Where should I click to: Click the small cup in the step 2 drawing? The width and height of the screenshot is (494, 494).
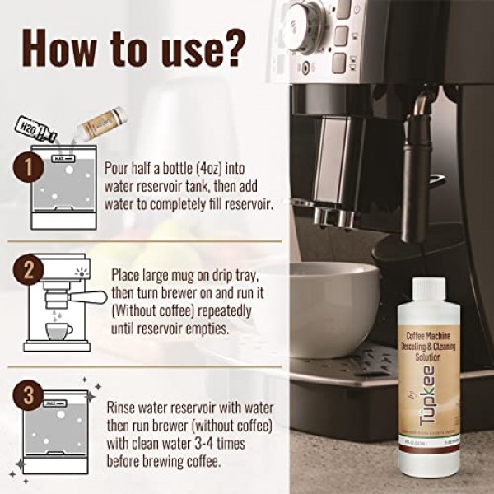click(x=58, y=331)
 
